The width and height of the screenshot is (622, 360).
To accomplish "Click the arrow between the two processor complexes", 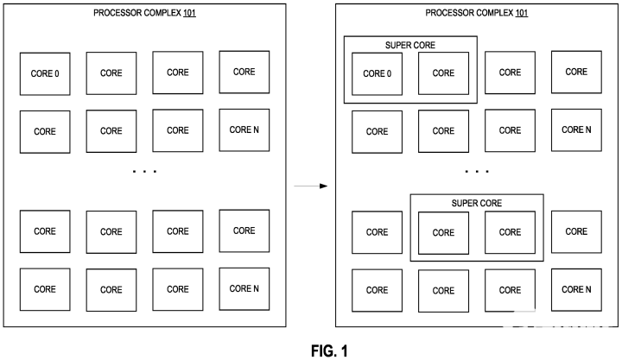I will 311,186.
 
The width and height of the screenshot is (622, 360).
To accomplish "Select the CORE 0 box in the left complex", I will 45,73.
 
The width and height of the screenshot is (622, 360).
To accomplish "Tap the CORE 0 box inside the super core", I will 377,73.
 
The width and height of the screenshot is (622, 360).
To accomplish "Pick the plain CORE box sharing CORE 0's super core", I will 443,73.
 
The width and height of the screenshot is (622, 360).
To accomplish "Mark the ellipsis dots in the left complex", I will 144,173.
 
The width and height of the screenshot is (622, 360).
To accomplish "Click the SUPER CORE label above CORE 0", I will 409,45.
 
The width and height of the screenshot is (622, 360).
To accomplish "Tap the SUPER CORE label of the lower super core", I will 476,203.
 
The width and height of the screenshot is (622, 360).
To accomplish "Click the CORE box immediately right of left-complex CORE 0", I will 111,73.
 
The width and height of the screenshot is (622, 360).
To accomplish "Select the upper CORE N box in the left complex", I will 244,130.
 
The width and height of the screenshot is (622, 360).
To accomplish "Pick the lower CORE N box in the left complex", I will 244,289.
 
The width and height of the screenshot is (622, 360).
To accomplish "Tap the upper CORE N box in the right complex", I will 576,130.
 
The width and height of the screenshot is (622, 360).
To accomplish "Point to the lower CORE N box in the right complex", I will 576,289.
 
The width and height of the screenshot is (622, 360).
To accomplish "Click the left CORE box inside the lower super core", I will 443,232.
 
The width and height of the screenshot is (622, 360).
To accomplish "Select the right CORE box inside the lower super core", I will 510,232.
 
